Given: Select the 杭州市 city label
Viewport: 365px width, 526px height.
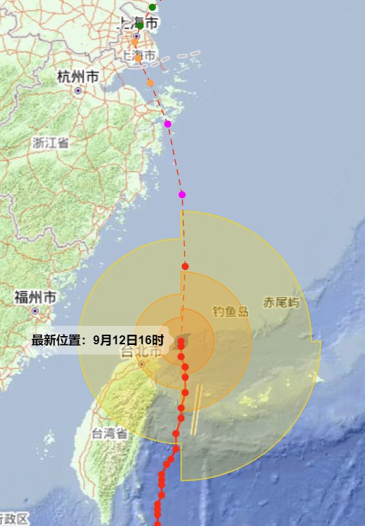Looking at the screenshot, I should (x=78, y=77).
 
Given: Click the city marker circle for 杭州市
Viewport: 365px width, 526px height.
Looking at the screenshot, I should (x=78, y=91).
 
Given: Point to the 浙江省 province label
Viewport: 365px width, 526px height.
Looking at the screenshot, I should (x=50, y=143).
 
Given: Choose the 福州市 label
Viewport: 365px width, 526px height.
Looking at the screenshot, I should (x=35, y=297).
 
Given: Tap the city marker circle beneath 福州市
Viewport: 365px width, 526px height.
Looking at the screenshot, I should (x=35, y=311).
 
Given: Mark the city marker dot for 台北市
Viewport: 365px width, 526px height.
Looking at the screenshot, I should (x=141, y=364).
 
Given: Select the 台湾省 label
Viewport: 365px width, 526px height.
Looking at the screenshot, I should (x=109, y=433).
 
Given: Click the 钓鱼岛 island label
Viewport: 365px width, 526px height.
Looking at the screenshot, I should (x=230, y=312).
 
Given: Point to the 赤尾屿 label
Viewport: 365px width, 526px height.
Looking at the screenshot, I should (x=282, y=303).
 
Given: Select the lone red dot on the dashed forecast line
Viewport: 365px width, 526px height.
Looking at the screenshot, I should (x=185, y=266).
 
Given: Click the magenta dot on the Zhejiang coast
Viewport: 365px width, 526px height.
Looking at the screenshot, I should (x=167, y=124).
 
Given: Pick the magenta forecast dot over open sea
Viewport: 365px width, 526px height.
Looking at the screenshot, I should (x=182, y=195).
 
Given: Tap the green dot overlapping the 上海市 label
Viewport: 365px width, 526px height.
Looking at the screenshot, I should (x=140, y=25).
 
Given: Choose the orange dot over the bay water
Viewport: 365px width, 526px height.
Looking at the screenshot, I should (x=150, y=83).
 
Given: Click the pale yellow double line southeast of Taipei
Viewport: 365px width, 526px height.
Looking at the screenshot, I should (x=197, y=410).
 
